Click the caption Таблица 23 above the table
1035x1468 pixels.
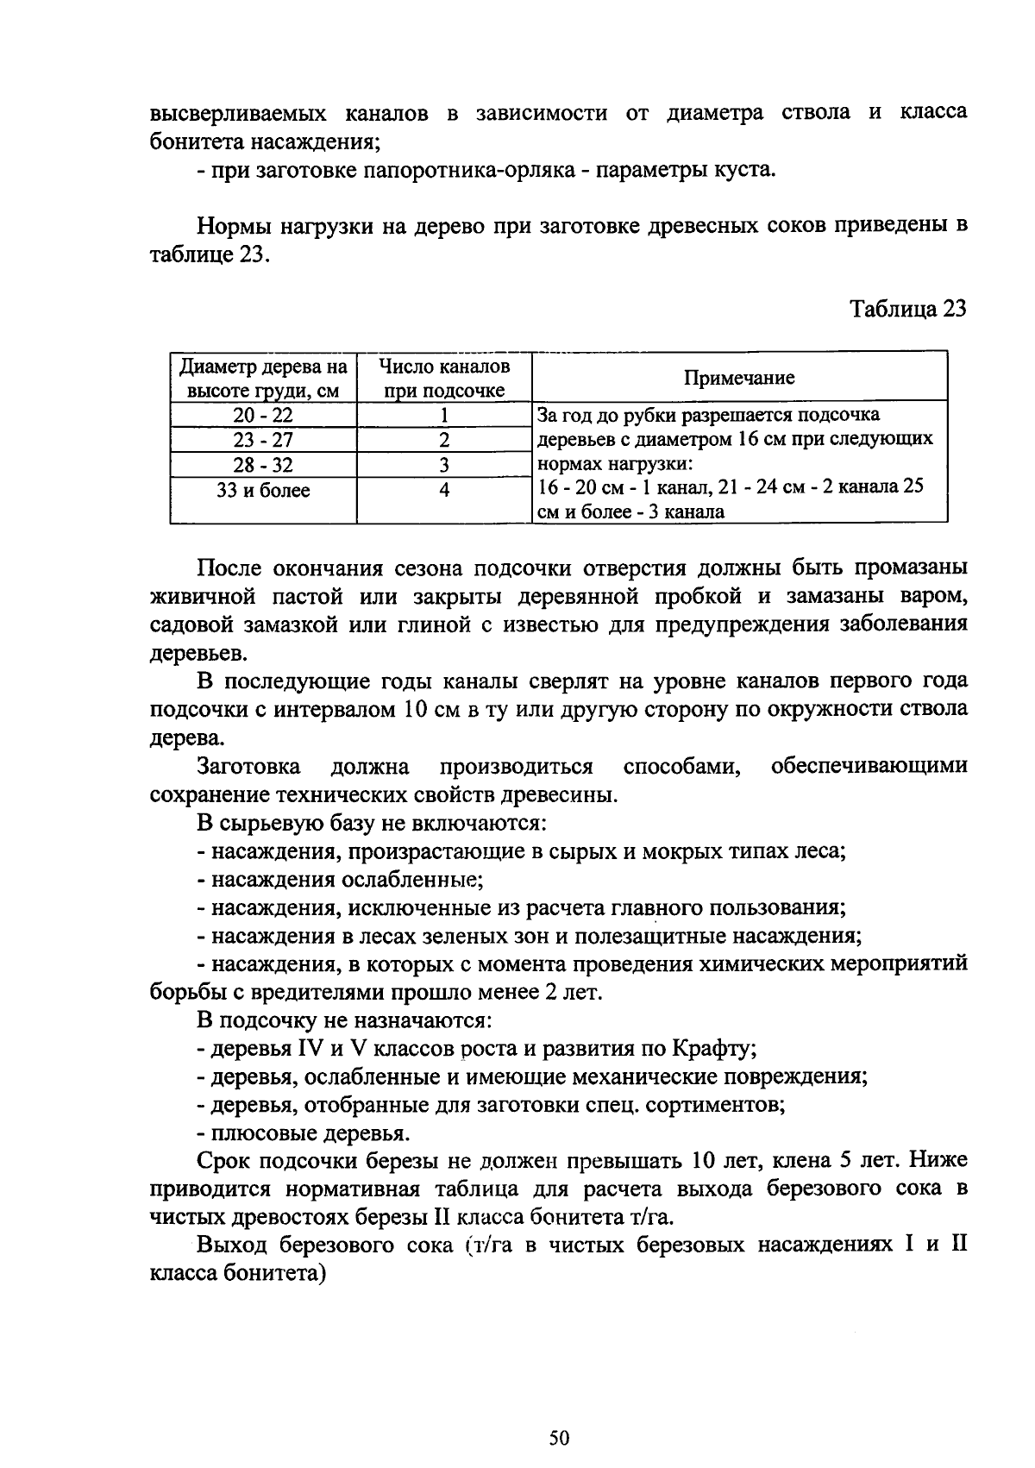click(907, 309)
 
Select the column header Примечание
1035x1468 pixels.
click(739, 378)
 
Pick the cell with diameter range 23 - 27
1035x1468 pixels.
click(263, 441)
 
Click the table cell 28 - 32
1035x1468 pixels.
click(263, 466)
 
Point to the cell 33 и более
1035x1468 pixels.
click(263, 491)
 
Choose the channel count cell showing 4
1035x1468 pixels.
click(444, 491)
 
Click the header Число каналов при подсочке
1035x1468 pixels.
click(444, 378)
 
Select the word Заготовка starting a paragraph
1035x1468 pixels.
click(248, 767)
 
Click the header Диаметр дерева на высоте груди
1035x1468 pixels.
click(263, 378)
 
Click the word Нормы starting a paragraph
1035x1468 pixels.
click(231, 227)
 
